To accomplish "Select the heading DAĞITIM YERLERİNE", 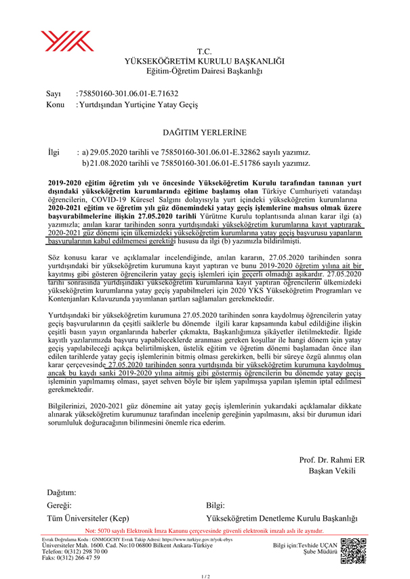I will coord(204,133).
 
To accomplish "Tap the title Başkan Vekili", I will coord(331,471).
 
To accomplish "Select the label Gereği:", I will coord(59,506).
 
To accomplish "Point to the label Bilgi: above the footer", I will coord(215,506).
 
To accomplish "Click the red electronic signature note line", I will coord(204,531).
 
